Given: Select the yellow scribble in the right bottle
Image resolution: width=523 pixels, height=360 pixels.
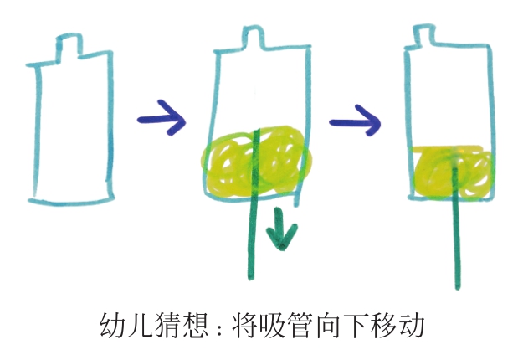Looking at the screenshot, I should [x=453, y=172].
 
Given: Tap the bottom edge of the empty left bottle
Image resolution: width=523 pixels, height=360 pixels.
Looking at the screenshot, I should [x=71, y=201].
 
